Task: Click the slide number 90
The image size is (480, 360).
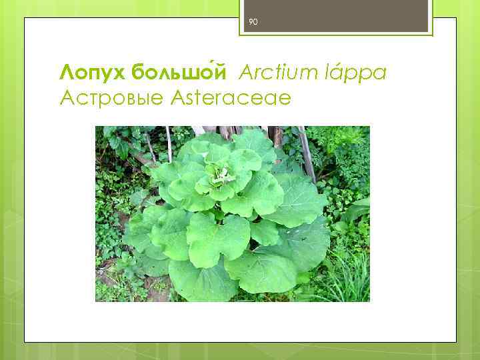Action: [253, 22]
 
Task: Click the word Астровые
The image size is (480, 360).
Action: [111, 98]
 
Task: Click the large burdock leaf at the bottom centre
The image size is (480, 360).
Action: [200, 280]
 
